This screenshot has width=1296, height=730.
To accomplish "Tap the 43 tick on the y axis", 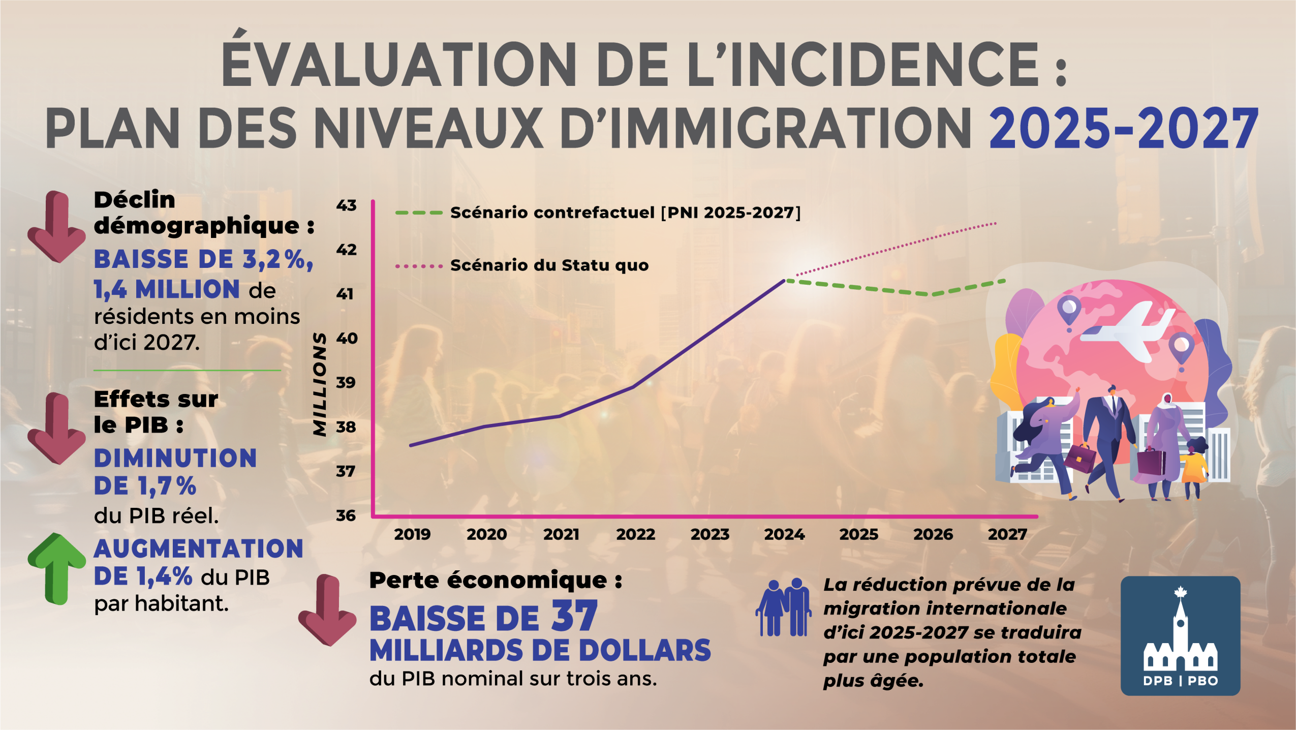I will tap(346, 205).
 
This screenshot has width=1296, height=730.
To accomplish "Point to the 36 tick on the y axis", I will tap(346, 515).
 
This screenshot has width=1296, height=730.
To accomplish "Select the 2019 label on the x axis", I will tap(412, 534).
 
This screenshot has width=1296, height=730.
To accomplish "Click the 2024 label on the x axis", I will tap(784, 534).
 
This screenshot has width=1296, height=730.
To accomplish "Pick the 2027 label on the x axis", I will tap(1007, 534).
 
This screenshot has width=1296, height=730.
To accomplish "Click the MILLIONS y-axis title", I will tap(320, 384).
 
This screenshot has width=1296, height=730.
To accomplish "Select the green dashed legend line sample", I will tap(419, 212).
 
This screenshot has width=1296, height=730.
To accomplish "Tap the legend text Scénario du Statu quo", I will tap(549, 265).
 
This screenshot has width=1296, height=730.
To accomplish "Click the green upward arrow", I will tap(56, 568).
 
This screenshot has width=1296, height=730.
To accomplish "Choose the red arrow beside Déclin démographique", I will tap(56, 226).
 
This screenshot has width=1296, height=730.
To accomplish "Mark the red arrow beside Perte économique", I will tap(327, 610).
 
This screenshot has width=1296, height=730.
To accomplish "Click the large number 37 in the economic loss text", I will tap(574, 617).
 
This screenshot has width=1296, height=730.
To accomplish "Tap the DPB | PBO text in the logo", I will tap(1180, 681).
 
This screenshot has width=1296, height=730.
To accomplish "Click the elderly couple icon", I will tap(783, 607).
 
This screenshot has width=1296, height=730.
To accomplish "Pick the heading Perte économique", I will tap(496, 581).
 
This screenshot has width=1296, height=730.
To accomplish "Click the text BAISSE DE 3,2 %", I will tap(203, 259).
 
